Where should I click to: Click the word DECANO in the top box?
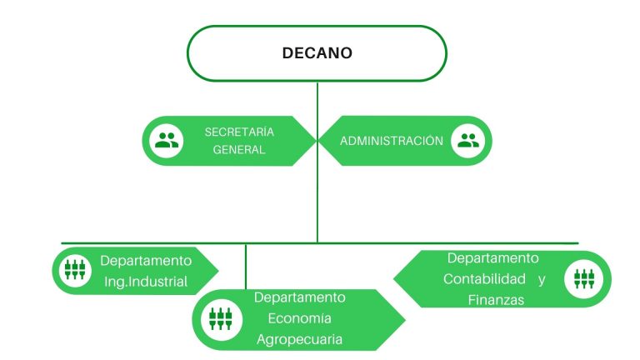pos(317,53)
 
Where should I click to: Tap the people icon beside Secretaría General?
pos(167,141)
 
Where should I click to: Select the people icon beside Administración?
pos(468,141)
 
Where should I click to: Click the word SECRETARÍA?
pos(239,132)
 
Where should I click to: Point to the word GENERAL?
pos(239,150)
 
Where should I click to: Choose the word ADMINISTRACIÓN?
pos(392,141)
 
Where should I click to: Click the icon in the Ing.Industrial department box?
pos(75,270)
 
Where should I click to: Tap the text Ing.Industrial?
pos(146,282)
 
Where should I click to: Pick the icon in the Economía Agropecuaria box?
pos(221,319)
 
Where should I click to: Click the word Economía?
pos(300,318)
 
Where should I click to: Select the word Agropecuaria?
pos(300,340)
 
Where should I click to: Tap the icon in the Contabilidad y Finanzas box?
pos(584,279)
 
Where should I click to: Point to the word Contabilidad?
pos(484,279)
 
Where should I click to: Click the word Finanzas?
pos(496,300)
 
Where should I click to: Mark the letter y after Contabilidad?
pos(542,280)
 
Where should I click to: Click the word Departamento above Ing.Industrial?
pos(146,261)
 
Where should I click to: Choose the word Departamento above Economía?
pos(300,297)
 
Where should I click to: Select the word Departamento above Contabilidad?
pos(493,258)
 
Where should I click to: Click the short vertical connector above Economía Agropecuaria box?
pos(246,267)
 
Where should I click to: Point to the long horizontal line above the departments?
pos(320,243)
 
